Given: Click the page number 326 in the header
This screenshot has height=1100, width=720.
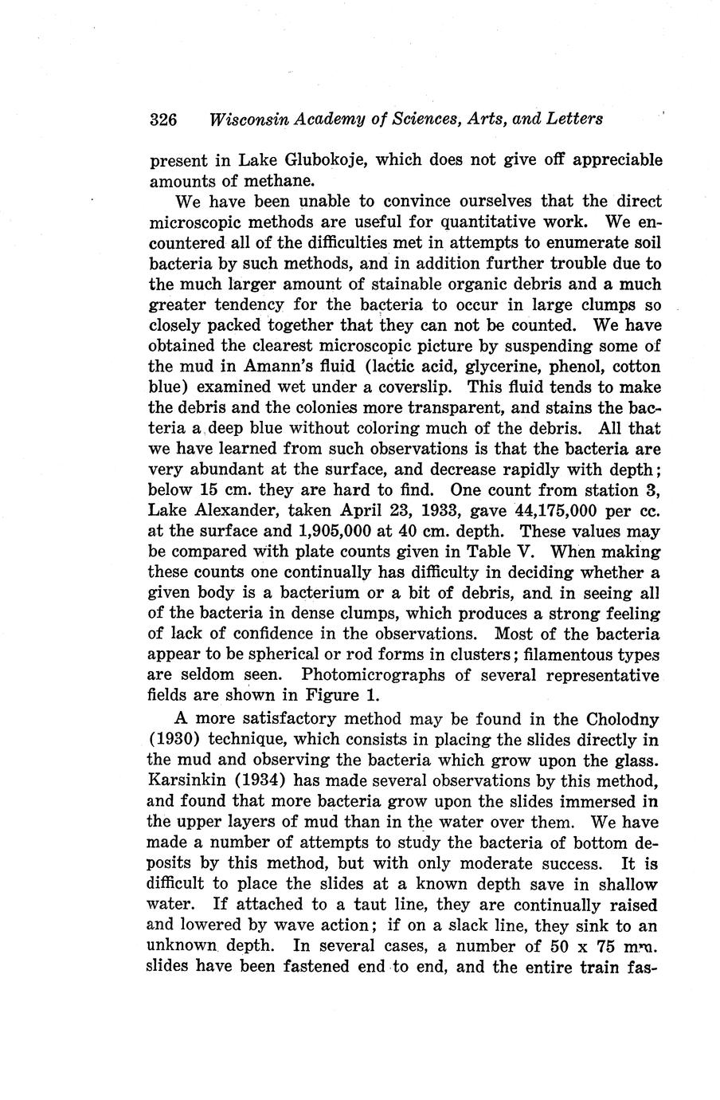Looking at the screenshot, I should pyautogui.click(x=162, y=120).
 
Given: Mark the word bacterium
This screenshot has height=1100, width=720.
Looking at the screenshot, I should pyautogui.click(x=291, y=593).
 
